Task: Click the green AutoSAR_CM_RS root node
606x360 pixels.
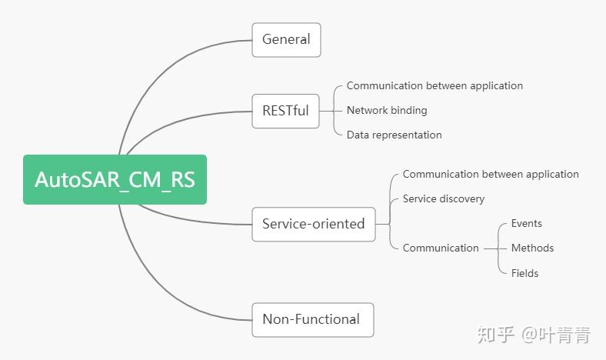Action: click(x=115, y=180)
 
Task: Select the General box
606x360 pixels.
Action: click(x=286, y=39)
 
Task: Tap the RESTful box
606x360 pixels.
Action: click(x=285, y=111)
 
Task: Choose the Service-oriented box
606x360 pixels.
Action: click(x=313, y=224)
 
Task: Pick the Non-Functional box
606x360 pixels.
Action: click(x=312, y=319)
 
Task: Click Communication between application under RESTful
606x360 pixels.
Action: click(x=435, y=85)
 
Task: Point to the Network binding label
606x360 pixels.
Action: click(x=387, y=110)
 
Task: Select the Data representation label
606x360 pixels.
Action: click(x=394, y=135)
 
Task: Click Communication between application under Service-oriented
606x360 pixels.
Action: click(x=491, y=175)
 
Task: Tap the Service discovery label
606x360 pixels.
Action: click(x=444, y=198)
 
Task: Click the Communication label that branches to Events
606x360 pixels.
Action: click(x=441, y=248)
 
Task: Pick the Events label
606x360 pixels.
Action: click(x=527, y=224)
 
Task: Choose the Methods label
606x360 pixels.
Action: click(x=532, y=248)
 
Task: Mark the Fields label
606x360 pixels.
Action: click(x=524, y=273)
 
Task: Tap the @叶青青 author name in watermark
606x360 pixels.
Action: click(x=556, y=335)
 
